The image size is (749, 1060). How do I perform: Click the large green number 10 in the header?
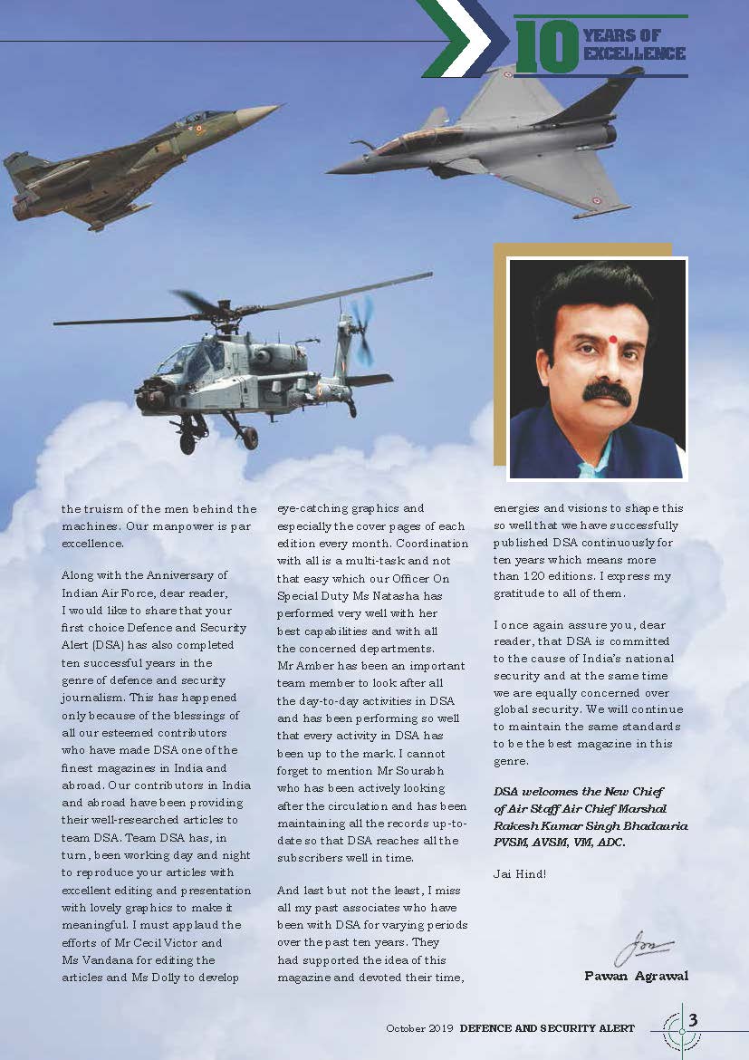[547, 46]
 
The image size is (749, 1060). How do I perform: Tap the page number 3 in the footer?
[693, 1020]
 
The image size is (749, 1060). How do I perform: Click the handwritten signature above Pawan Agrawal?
[644, 952]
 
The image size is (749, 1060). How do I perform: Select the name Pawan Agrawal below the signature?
[638, 976]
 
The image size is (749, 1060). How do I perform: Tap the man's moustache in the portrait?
[606, 392]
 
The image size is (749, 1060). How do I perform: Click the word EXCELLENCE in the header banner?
[634, 54]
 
